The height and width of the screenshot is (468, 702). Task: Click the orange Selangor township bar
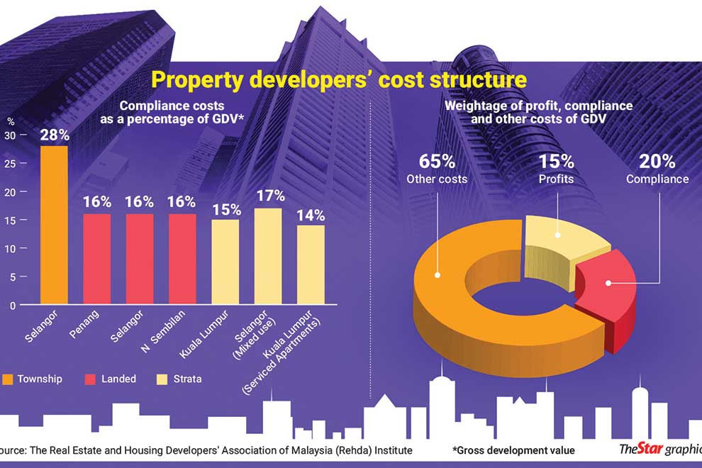tap(55, 225)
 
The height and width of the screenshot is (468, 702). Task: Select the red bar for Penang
tap(97, 260)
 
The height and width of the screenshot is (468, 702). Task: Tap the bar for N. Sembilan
tap(182, 260)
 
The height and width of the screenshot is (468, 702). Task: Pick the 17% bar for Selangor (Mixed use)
tap(267, 257)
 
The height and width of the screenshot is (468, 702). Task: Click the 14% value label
tap(310, 213)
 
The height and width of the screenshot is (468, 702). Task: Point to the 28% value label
tap(55, 135)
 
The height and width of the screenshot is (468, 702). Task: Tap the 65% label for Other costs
tap(437, 160)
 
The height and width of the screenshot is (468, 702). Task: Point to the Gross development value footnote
tap(513, 450)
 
